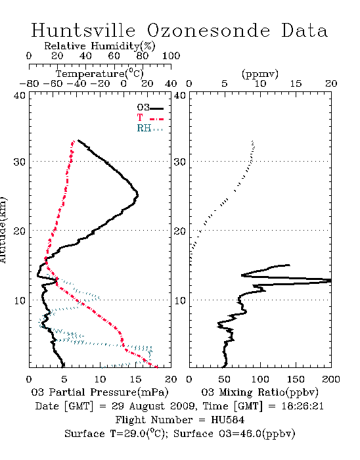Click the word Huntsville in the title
83,30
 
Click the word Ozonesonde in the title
208,30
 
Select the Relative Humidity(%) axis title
100,46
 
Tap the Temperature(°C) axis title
100,74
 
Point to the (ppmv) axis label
260,74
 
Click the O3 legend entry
150,108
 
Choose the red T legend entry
150,118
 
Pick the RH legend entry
150,128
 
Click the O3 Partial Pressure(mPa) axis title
100,392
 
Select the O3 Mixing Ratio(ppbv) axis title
260,392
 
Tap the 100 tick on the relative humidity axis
171,56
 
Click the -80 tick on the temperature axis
29,83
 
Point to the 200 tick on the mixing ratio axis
331,379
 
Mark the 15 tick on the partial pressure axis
135,379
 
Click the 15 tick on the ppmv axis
296,83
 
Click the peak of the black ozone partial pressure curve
137,195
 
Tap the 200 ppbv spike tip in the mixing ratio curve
330,281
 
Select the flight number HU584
227,420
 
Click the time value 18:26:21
302,406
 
